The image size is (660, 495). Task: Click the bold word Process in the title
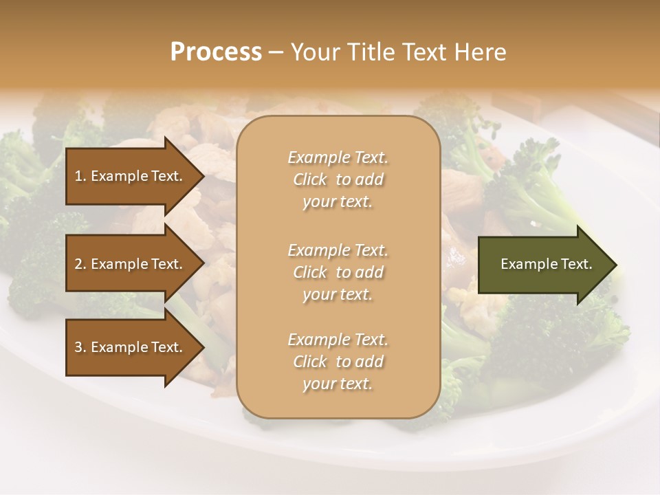pyautogui.click(x=216, y=52)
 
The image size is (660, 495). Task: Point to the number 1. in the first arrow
pyautogui.click(x=80, y=176)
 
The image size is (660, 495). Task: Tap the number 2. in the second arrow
pyautogui.click(x=80, y=264)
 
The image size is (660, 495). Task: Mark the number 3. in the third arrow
pyautogui.click(x=80, y=347)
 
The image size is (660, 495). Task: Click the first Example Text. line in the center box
pyautogui.click(x=338, y=157)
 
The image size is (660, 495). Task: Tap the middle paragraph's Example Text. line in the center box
pyautogui.click(x=338, y=250)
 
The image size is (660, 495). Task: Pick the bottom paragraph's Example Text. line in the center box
pyautogui.click(x=338, y=340)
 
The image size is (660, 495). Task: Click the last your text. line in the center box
pyautogui.click(x=338, y=384)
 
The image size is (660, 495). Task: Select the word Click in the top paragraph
pyautogui.click(x=310, y=179)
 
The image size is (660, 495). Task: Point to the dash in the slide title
pyautogui.click(x=276, y=52)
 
